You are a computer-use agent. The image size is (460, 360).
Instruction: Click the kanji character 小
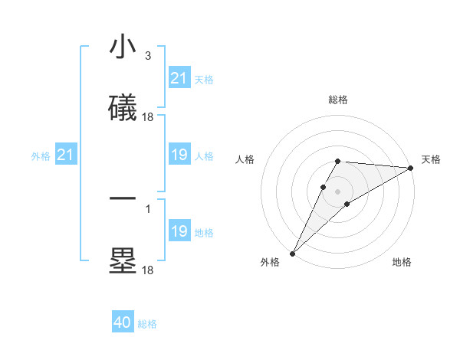(x=123, y=47)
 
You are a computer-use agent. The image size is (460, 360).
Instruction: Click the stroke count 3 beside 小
(x=147, y=55)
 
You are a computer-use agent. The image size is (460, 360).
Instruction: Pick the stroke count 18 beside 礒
(x=148, y=117)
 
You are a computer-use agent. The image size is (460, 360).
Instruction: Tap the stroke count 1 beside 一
(x=147, y=207)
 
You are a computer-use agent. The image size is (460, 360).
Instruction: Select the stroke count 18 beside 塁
(x=148, y=270)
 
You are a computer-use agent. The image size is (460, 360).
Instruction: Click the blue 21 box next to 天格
(x=179, y=78)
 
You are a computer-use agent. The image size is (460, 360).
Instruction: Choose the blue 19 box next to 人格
(x=179, y=155)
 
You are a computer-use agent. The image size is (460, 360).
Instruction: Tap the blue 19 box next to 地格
(x=179, y=232)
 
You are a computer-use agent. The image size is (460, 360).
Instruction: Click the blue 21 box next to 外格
(x=66, y=155)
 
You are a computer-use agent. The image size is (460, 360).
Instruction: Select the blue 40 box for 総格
(x=123, y=323)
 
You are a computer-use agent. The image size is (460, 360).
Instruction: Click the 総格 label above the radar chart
(x=338, y=100)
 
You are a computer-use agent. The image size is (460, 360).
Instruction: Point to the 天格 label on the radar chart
(x=431, y=159)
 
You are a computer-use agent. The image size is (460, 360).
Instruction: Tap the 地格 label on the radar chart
(x=402, y=262)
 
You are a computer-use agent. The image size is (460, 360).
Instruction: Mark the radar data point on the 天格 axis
(x=411, y=169)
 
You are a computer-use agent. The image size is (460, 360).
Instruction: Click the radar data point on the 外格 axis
(x=292, y=253)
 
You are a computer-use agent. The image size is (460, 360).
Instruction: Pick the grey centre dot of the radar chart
(x=338, y=191)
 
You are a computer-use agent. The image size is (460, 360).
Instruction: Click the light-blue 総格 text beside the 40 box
(x=147, y=324)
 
